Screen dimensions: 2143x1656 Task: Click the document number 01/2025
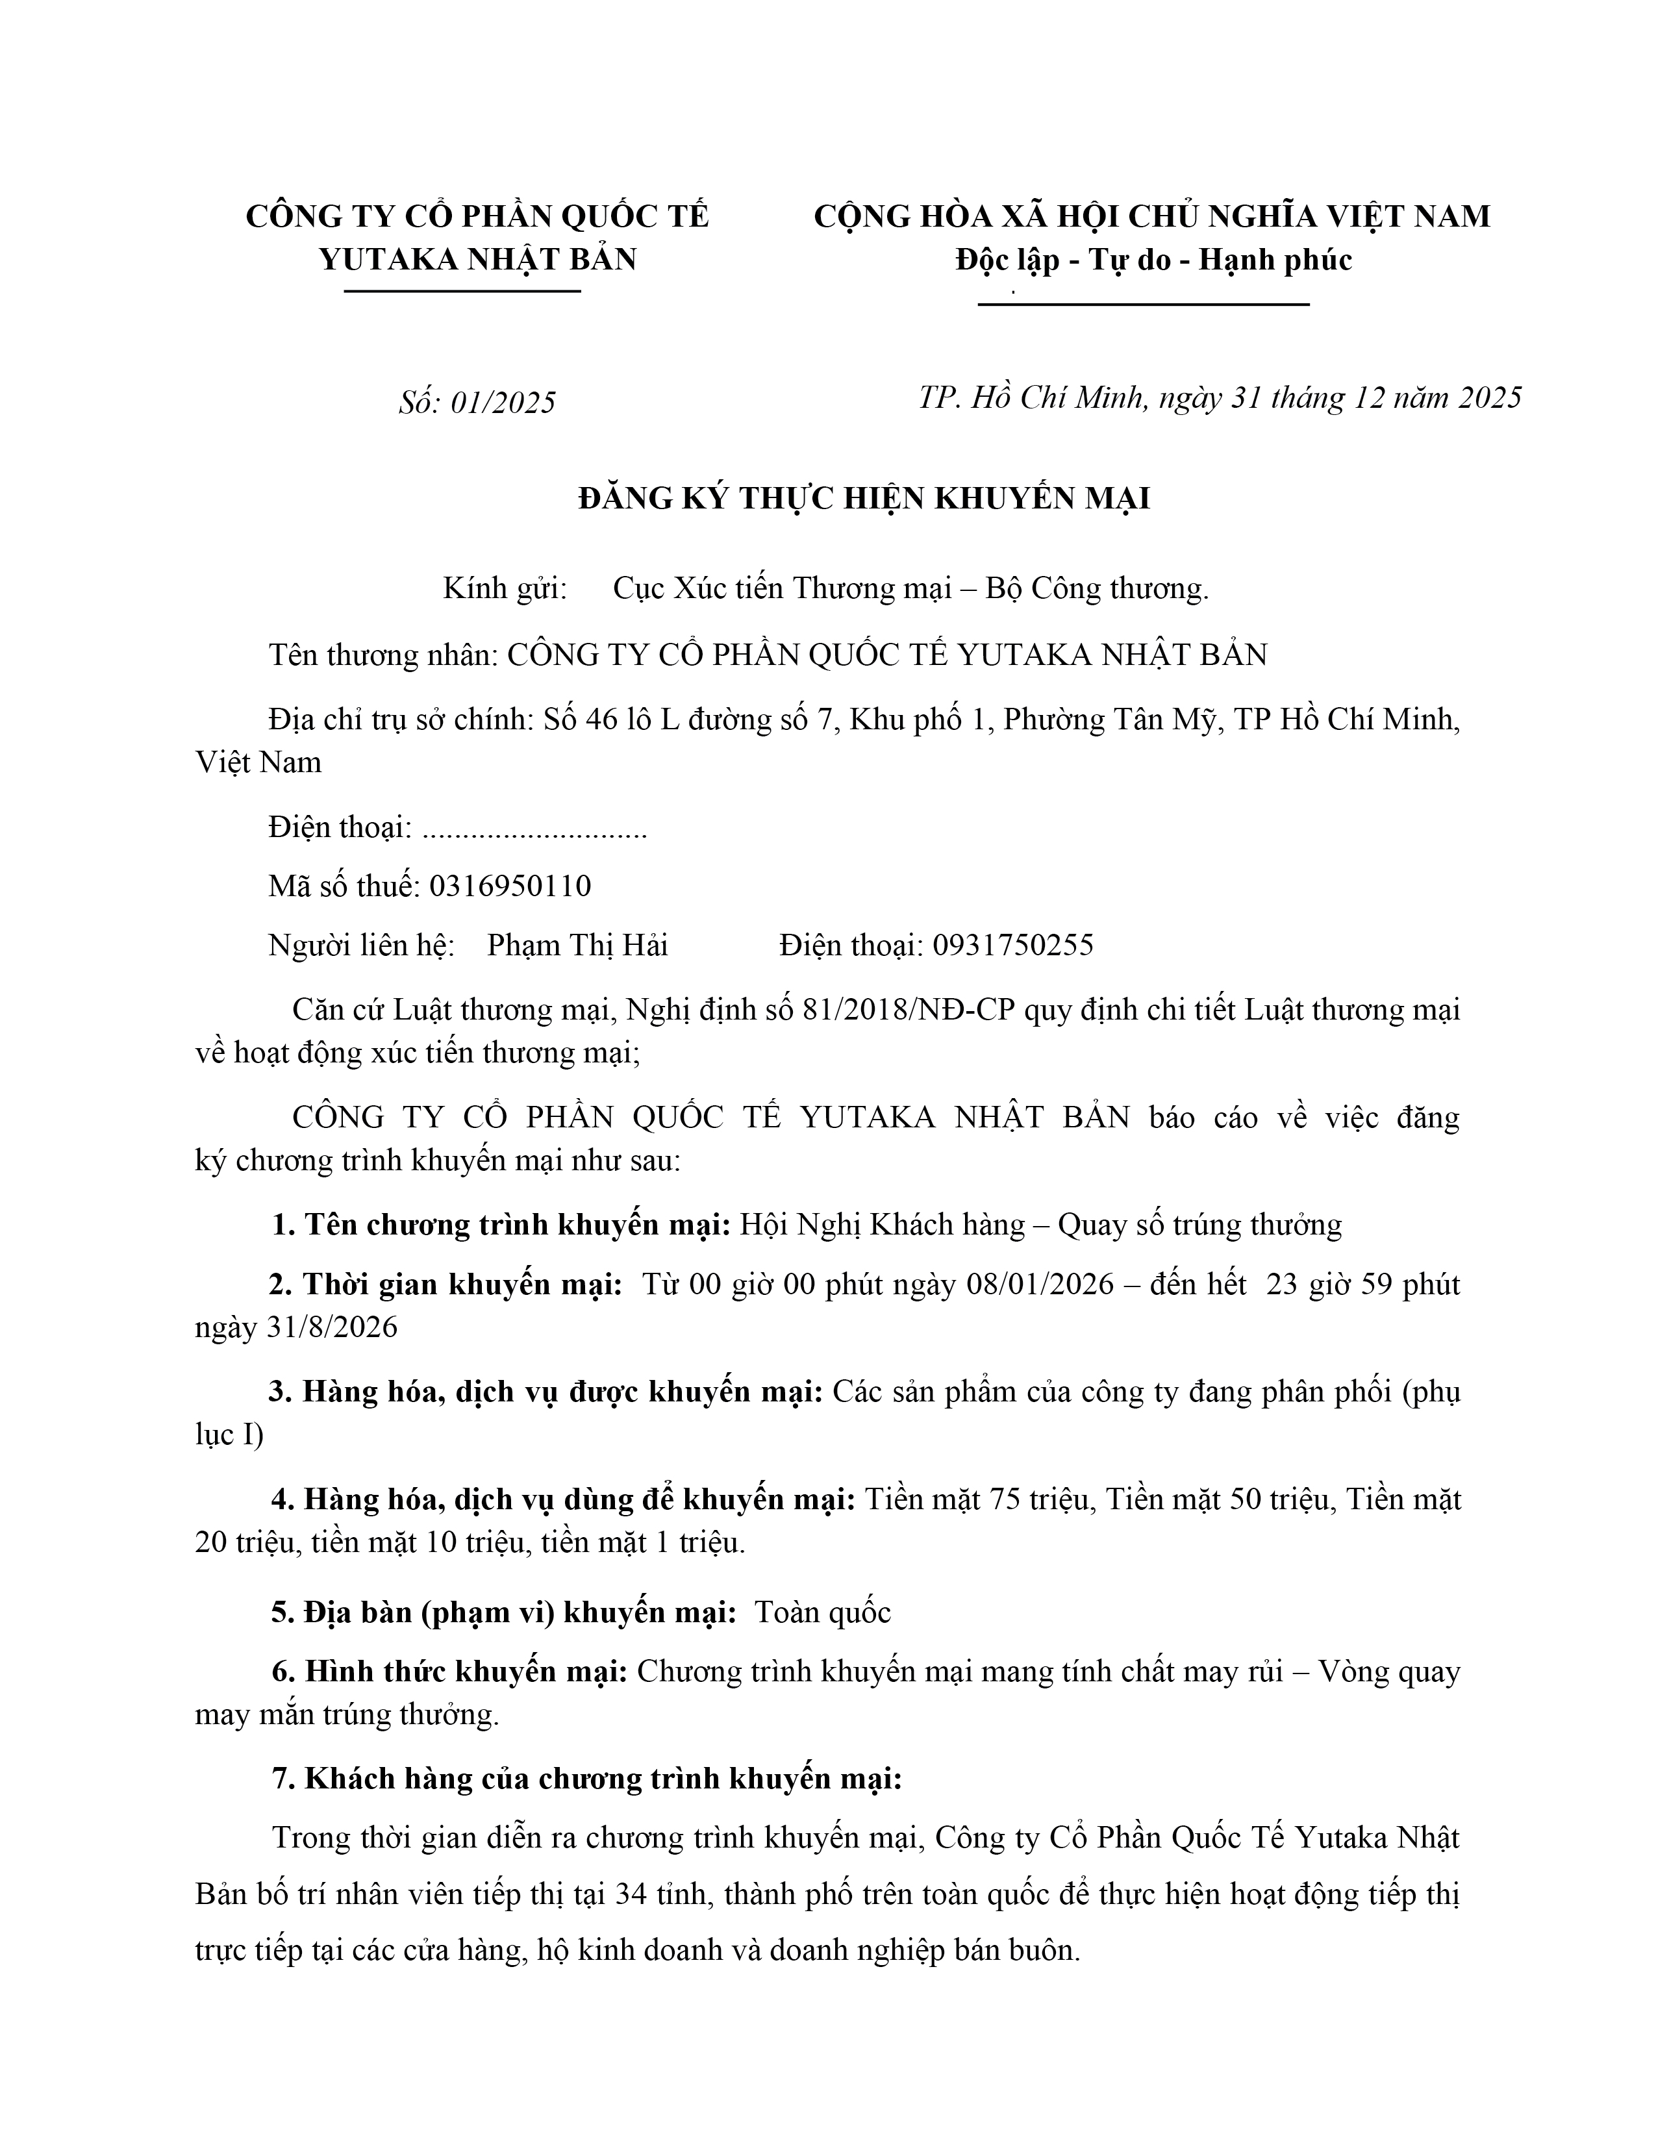(x=502, y=403)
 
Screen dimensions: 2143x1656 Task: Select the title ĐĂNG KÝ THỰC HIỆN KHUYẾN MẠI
(x=863, y=499)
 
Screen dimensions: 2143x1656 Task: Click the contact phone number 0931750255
(x=1012, y=945)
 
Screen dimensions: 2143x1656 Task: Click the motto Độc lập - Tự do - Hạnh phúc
(x=1153, y=260)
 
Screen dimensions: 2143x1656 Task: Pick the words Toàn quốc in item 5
(x=822, y=1612)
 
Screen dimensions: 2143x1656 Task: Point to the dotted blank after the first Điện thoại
(x=534, y=829)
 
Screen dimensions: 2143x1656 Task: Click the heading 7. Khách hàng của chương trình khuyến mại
(x=586, y=1778)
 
